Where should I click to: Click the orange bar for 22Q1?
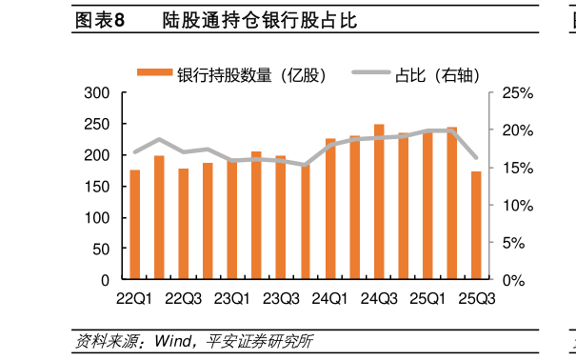(134, 225)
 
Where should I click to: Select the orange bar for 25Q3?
(476, 226)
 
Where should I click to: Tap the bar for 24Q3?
(378, 202)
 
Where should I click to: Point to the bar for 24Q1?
(330, 210)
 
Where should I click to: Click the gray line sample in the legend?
(370, 73)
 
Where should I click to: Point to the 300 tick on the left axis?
(99, 93)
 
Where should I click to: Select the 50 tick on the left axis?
(103, 249)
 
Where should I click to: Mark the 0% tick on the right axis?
(512, 280)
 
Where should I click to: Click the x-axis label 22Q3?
(184, 298)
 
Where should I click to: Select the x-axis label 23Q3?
(281, 298)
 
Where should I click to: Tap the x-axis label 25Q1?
(427, 298)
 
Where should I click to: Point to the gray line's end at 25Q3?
(476, 157)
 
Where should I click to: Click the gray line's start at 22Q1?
(134, 151)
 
